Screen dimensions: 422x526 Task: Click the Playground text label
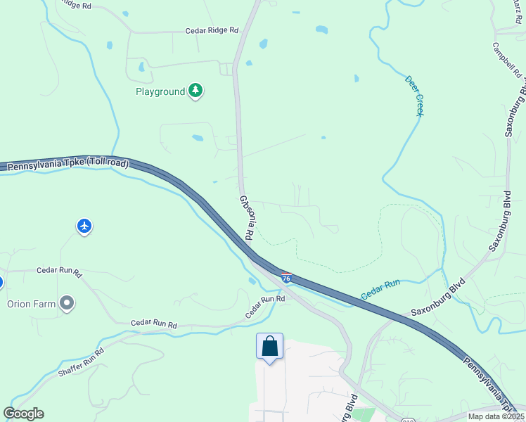pos(160,91)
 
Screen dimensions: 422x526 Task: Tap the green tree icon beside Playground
pos(196,91)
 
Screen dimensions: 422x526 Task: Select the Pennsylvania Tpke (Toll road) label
pos(67,165)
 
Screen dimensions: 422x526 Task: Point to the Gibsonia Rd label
pos(245,217)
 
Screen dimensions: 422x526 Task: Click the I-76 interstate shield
pos(286,279)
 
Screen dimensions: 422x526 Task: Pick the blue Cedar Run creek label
pos(380,288)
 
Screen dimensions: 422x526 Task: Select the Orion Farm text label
pos(31,304)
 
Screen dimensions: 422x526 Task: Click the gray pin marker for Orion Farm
pos(67,303)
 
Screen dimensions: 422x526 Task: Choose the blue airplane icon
pos(84,226)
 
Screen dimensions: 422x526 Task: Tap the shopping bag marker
pos(269,346)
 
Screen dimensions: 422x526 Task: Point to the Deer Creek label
pos(415,96)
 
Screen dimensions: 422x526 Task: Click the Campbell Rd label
pos(506,61)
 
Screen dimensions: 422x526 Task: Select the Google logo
pos(23,413)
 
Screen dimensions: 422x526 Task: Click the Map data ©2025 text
pos(496,416)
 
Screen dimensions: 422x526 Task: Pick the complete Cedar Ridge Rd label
pos(212,31)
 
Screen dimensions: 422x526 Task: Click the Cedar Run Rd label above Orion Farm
pos(59,269)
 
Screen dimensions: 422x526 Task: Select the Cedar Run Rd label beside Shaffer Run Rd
pos(153,325)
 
